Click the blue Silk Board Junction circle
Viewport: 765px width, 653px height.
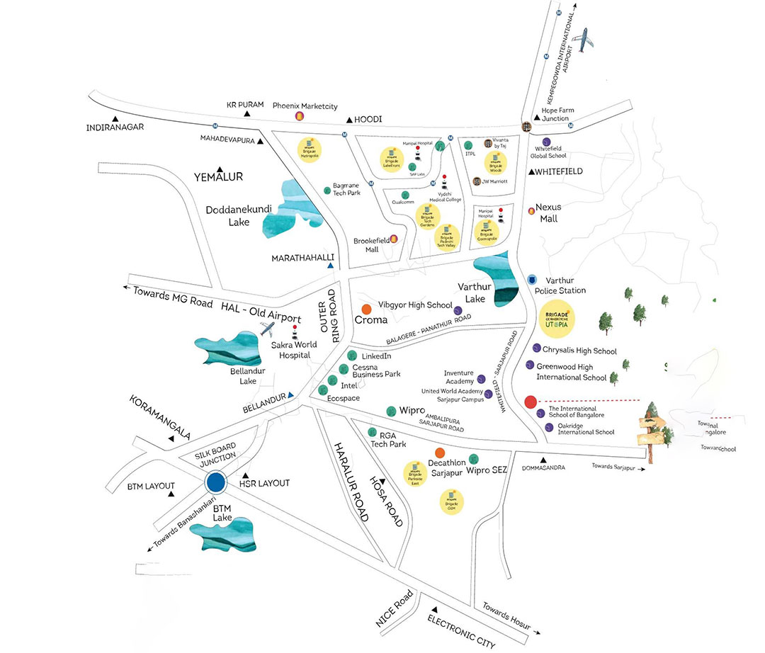click(x=215, y=483)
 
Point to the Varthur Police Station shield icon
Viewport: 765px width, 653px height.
click(x=533, y=280)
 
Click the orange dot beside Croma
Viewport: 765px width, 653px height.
click(x=366, y=310)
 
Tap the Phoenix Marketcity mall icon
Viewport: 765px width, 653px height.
click(x=299, y=115)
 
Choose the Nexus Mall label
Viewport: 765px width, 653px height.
click(x=548, y=212)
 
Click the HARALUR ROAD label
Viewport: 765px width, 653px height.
click(x=351, y=482)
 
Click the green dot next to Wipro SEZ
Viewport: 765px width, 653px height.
click(x=474, y=456)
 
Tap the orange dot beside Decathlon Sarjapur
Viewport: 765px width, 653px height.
click(x=440, y=453)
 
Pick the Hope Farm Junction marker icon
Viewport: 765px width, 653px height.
click(x=526, y=126)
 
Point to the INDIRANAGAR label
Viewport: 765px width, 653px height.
click(x=115, y=127)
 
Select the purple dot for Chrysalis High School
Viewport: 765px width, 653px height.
click(x=536, y=348)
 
